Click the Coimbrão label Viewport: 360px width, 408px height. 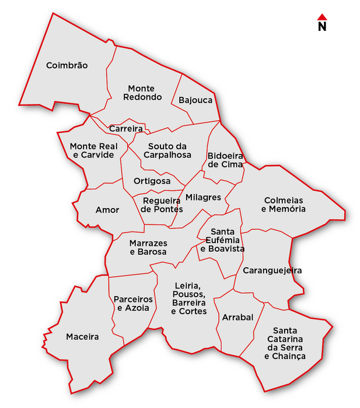(x=67, y=65)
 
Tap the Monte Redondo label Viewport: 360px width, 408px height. (x=142, y=93)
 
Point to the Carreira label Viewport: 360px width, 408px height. (x=126, y=128)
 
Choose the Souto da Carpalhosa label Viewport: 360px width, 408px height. (x=169, y=150)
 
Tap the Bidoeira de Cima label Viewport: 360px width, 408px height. (x=225, y=160)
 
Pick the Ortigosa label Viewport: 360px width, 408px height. (x=152, y=181)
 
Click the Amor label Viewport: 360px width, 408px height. (x=107, y=210)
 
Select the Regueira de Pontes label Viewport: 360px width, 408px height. (x=163, y=205)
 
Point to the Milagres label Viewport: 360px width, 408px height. (x=203, y=197)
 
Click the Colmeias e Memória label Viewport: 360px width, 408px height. (x=283, y=204)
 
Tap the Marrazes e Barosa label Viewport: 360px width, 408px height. (x=148, y=247)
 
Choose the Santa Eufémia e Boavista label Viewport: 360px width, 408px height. (x=222, y=240)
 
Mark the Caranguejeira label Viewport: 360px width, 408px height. (x=272, y=270)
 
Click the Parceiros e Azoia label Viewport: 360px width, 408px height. (x=133, y=303)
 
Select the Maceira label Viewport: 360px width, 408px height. (x=82, y=336)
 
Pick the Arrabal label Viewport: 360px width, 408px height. (x=237, y=318)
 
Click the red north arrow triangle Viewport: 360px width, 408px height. (x=321, y=17)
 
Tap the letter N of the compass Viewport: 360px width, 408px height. (x=321, y=26)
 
